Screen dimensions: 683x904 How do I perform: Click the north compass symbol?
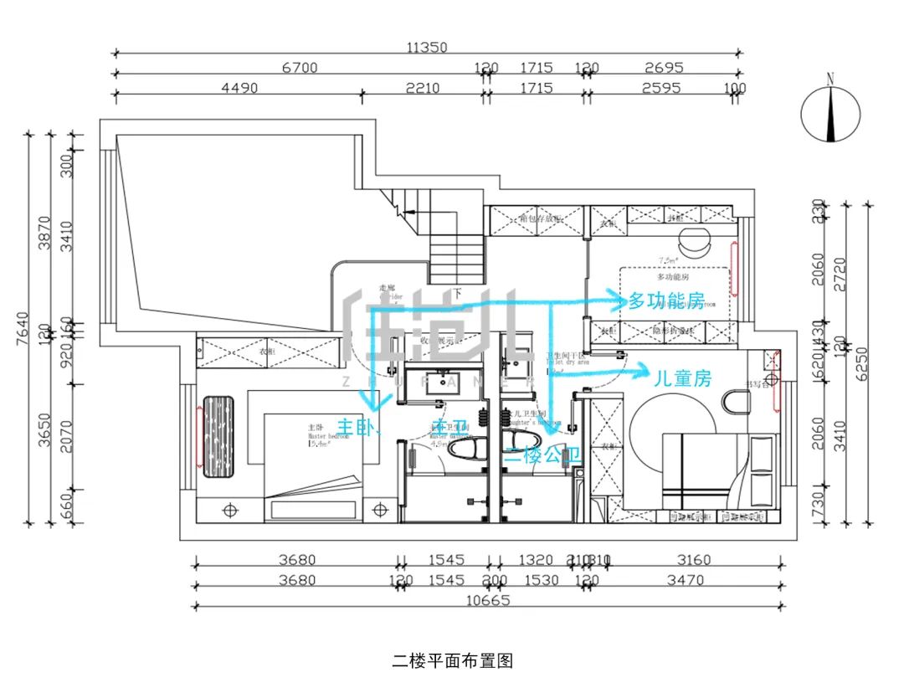(x=830, y=112)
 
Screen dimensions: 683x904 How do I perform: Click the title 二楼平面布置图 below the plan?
(x=452, y=661)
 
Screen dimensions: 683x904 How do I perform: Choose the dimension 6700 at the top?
(x=299, y=68)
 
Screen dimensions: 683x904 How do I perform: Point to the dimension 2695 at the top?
(x=664, y=68)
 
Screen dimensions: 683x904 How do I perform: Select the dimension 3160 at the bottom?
(x=692, y=560)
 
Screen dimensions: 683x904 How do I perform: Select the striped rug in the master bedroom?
(x=219, y=436)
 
